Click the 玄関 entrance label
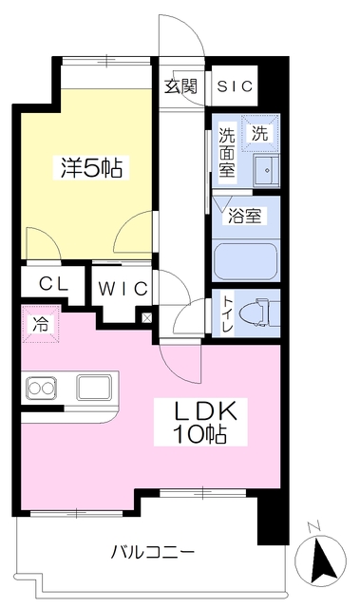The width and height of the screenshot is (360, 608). (x=180, y=86)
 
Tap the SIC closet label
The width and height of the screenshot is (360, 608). (x=234, y=86)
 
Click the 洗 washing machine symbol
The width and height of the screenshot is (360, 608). (x=260, y=134)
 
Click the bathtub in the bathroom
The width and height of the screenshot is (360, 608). (x=245, y=260)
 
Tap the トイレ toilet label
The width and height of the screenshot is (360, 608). (x=227, y=313)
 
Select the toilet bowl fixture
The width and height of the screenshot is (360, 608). (x=258, y=313)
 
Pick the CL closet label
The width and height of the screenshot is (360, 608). (x=51, y=284)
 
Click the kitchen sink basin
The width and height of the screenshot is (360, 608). (x=94, y=388)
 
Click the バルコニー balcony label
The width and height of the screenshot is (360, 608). (x=153, y=552)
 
